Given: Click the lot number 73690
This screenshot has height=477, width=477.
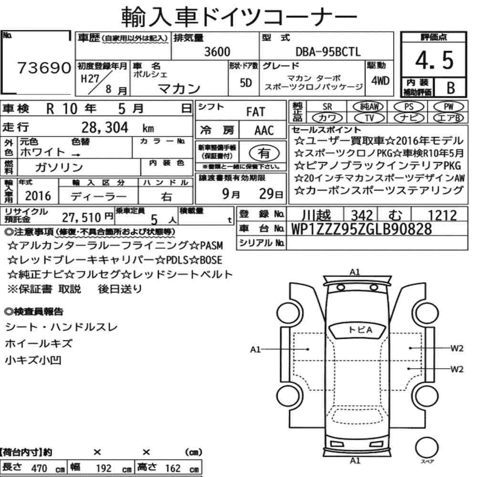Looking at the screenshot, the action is (44, 68).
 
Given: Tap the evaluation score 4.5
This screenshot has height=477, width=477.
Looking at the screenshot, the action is (434, 60).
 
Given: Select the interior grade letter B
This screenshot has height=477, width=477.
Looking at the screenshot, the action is (451, 88).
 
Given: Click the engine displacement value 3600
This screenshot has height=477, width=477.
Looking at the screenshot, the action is (217, 52).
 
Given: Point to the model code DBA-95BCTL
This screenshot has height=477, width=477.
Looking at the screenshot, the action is (328, 52).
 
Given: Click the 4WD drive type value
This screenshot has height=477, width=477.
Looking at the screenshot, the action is (380, 81).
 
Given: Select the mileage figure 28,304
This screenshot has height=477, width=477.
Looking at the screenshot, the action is (104, 127).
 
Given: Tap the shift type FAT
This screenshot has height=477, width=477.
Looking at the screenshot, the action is (256, 112).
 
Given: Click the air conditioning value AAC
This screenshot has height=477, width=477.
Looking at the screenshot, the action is (264, 131).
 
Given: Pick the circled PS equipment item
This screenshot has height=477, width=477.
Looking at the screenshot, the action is (409, 107).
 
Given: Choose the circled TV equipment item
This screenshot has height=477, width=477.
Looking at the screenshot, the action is (369, 118).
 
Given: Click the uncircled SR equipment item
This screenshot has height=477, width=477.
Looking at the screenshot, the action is (327, 107).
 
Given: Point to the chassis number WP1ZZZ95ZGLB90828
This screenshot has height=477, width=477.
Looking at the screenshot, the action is (362, 229).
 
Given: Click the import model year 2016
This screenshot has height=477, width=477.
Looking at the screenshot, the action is (38, 196).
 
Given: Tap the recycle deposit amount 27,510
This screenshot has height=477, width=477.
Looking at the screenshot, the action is (81, 218).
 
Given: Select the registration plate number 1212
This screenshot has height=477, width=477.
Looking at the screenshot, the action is (442, 216).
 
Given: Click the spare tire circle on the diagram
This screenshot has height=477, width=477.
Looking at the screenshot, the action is (426, 447).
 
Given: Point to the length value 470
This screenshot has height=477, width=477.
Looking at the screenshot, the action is (39, 468).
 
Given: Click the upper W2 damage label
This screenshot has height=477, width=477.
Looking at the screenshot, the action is (456, 348).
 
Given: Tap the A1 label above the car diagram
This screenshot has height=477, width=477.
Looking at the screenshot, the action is (355, 272).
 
